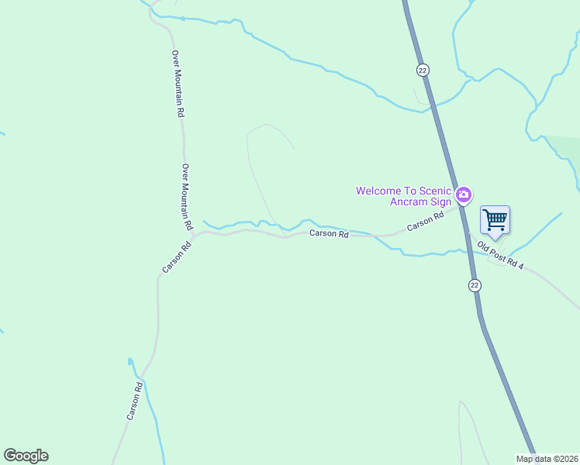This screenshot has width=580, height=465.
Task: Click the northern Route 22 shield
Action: [422, 70]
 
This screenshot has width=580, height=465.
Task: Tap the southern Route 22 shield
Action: [475, 285]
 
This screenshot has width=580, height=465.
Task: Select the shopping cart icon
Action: [495, 219]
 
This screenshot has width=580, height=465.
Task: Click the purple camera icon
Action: [464, 195]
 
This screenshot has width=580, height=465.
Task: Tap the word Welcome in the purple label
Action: [378, 191]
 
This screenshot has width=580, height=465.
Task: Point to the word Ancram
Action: [409, 202]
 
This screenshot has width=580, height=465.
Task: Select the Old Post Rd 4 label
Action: [501, 256]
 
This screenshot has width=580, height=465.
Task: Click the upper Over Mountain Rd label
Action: [178, 84]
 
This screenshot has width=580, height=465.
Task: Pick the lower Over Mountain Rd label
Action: [186, 197]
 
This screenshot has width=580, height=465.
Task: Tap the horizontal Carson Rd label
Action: [329, 233]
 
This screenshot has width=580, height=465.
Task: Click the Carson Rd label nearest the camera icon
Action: [425, 222]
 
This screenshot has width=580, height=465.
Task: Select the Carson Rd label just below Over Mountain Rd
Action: [176, 258]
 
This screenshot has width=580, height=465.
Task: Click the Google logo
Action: [26, 456]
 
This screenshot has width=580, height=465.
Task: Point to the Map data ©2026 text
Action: [547, 459]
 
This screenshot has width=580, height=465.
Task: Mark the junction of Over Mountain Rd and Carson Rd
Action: [194, 233]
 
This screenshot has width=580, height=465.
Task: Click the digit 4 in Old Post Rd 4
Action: [522, 267]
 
